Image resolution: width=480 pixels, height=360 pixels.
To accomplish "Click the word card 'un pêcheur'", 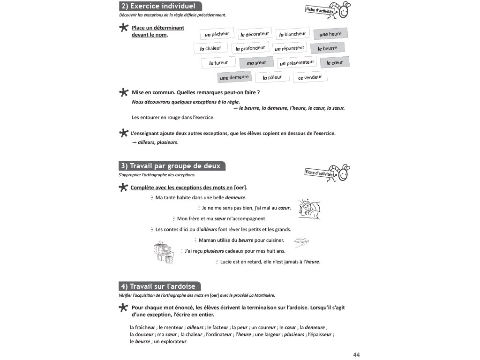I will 217,34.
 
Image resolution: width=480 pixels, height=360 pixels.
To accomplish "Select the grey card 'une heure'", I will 330,34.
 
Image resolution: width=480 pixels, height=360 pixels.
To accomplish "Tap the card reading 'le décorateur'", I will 255,34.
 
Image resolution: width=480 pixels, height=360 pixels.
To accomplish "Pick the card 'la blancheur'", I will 292,34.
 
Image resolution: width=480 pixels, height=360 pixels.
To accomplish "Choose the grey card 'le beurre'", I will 327,48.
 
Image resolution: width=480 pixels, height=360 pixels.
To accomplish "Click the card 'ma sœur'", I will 256,63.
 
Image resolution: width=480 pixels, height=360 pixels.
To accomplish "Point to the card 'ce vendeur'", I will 310,77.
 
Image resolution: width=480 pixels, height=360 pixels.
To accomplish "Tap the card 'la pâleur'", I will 272,77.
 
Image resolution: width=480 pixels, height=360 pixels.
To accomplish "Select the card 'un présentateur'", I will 297,63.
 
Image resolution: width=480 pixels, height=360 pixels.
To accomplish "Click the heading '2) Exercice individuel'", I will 160,6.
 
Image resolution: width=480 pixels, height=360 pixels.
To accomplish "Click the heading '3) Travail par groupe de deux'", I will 172,166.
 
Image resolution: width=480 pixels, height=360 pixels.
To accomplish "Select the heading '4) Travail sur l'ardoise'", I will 160,286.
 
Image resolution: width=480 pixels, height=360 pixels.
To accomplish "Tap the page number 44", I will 356,354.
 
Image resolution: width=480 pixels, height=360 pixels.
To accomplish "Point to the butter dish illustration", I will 301,241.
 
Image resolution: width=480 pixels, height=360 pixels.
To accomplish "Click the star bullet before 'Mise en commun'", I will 124,92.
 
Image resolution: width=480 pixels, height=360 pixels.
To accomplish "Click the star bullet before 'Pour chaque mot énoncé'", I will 123,307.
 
